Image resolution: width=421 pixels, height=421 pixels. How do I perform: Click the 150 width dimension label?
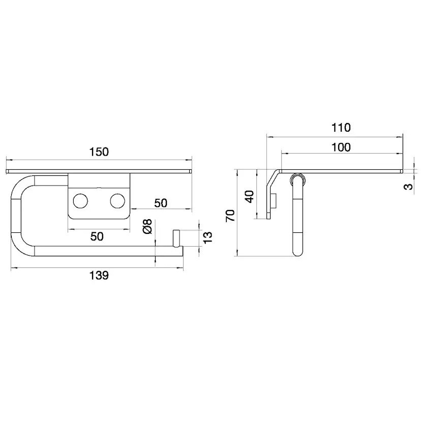click(99, 152)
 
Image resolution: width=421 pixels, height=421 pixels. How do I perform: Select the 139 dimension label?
click(99, 276)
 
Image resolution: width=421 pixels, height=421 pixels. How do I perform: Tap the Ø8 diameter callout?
click(147, 226)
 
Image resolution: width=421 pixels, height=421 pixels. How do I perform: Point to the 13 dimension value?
click(208, 237)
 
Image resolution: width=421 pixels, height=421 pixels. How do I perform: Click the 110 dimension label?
click(341, 128)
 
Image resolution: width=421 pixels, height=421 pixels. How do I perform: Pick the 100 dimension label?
click(341, 147)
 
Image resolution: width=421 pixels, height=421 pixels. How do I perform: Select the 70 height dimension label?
click(230, 216)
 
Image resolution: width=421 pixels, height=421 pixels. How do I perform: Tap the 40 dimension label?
click(250, 197)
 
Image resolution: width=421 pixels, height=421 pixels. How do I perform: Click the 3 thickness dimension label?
click(408, 186)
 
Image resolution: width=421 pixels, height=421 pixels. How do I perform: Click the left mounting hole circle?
click(80, 201)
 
